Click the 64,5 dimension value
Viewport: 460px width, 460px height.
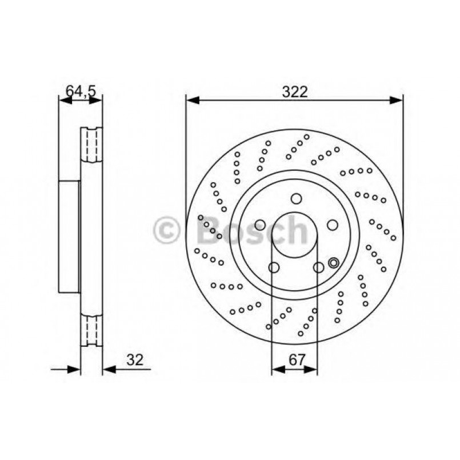80,90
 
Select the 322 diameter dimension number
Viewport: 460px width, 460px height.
295,92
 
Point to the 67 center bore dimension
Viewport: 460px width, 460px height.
295,359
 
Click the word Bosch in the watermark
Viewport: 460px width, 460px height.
252,231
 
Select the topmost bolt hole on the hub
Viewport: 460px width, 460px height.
295,199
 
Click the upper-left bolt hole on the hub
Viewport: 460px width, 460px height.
260,225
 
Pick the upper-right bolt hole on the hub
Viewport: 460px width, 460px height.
331,225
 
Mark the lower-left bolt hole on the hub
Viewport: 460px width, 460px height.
274,267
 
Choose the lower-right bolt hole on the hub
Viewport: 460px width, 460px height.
318,267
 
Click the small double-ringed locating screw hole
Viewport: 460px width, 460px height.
334,263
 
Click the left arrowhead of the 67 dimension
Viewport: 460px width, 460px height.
276,370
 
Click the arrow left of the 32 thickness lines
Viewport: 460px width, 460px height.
73,369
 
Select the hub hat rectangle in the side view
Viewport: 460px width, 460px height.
69,237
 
